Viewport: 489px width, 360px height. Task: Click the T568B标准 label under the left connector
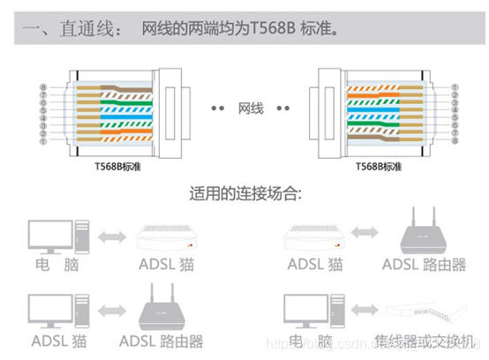coord(117,166)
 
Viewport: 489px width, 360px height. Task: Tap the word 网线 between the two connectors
coord(250,109)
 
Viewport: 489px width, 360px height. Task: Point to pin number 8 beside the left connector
coord(43,87)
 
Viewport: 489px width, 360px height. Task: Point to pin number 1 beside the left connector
coord(43,140)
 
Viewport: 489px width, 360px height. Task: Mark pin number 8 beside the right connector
coord(455,140)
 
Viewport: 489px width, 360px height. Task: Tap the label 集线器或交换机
coord(432,340)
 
